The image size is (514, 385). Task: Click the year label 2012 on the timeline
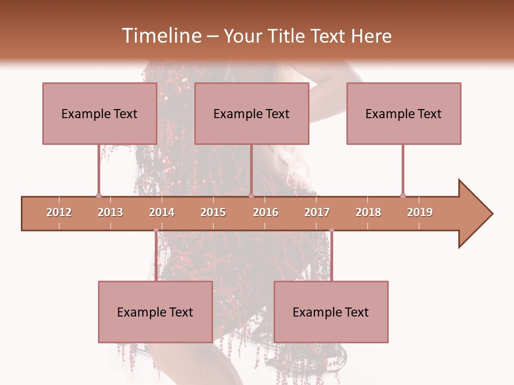coord(59,212)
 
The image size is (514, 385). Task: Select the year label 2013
coord(110,212)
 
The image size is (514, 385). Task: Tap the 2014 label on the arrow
coord(162,212)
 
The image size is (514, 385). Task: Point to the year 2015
coord(213,212)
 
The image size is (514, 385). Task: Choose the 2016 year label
coord(266,212)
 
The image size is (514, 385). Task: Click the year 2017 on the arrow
coord(317,212)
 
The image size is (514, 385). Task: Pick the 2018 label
coord(368,212)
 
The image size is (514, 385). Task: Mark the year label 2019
coord(420,212)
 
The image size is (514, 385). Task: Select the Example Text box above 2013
coord(100,113)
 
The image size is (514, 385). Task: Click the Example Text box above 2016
coord(252,113)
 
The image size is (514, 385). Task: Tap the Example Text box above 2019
coord(404,113)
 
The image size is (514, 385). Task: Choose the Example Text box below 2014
coord(155,312)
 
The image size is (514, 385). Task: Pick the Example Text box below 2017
coord(331,312)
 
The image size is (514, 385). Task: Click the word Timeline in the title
coord(161,36)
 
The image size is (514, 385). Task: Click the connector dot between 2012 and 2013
coord(99,196)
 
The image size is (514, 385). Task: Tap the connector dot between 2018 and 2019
coord(403,196)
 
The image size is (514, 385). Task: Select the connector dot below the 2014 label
coord(156,230)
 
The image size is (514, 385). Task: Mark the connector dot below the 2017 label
coord(331,230)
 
